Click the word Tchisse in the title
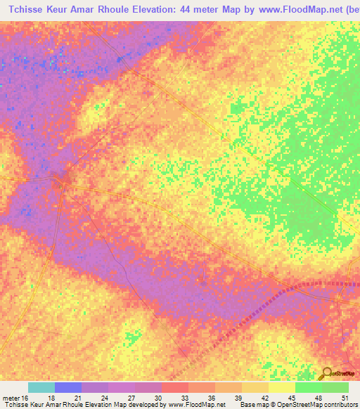pos(34,9)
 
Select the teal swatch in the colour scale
pos(41,387)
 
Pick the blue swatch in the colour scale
pos(68,387)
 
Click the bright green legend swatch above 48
pos(309,387)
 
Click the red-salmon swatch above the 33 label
pos(175,387)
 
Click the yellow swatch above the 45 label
pos(282,387)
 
